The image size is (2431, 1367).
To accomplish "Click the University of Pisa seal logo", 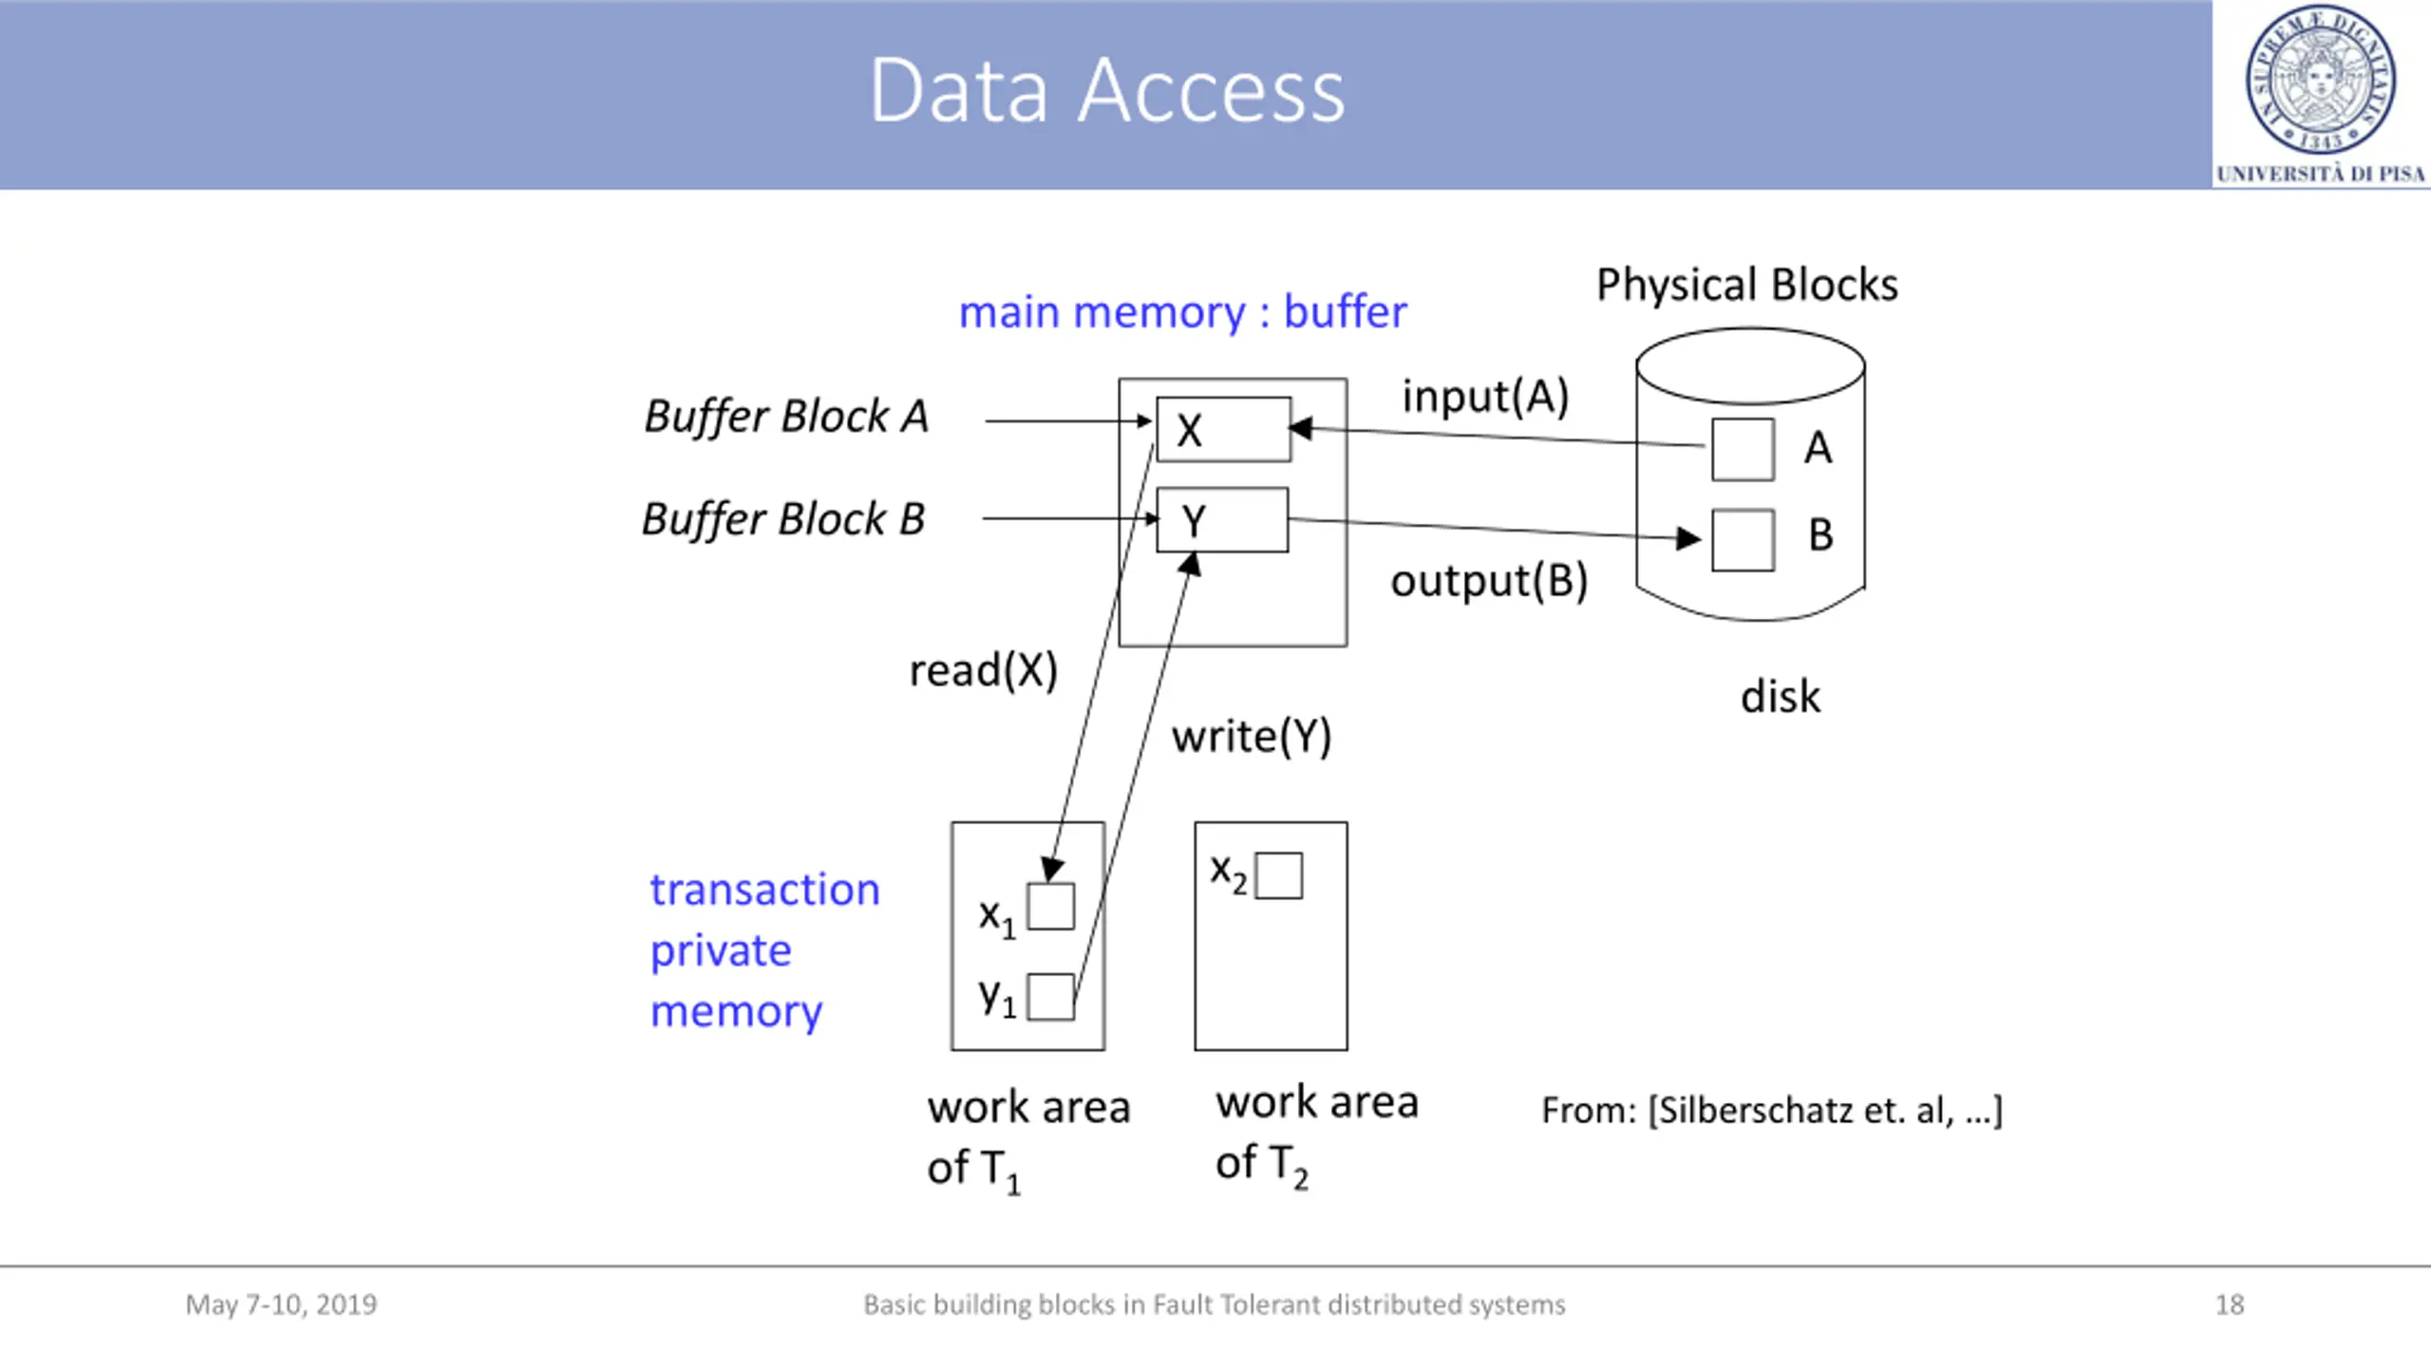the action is (x=2320, y=80).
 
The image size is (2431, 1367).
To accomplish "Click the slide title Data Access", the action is (x=1107, y=90).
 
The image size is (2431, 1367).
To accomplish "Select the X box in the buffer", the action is (x=1224, y=430).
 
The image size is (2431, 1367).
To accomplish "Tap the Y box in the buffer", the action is (x=1223, y=520).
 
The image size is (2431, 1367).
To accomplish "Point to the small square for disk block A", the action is (x=1743, y=449).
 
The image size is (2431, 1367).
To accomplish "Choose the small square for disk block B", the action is (x=1743, y=540).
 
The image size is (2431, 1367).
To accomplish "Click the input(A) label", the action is (x=1485, y=397).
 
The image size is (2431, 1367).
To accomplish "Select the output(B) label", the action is (x=1489, y=581).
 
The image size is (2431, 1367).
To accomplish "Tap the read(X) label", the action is (x=983, y=670).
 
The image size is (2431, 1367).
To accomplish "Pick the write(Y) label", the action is (x=1252, y=737).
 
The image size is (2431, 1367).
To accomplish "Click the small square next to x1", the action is (x=1051, y=907).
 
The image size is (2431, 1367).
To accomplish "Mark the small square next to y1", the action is (x=1051, y=997).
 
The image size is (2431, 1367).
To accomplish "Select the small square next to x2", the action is (x=1279, y=875).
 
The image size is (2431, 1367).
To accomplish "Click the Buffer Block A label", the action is (x=786, y=417).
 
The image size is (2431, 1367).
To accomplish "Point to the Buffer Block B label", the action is (x=783, y=519).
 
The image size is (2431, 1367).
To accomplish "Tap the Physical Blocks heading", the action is (x=1747, y=285).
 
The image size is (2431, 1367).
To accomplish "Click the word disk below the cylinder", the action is (x=1781, y=697).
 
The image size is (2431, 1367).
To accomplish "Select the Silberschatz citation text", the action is (x=1772, y=1110).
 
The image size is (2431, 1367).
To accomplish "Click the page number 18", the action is (x=2230, y=1304).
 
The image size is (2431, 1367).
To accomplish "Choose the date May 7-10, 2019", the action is (x=281, y=1304).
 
